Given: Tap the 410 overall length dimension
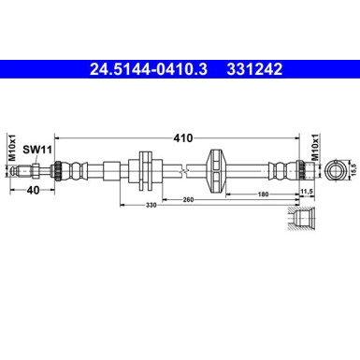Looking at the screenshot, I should pos(182,137).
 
